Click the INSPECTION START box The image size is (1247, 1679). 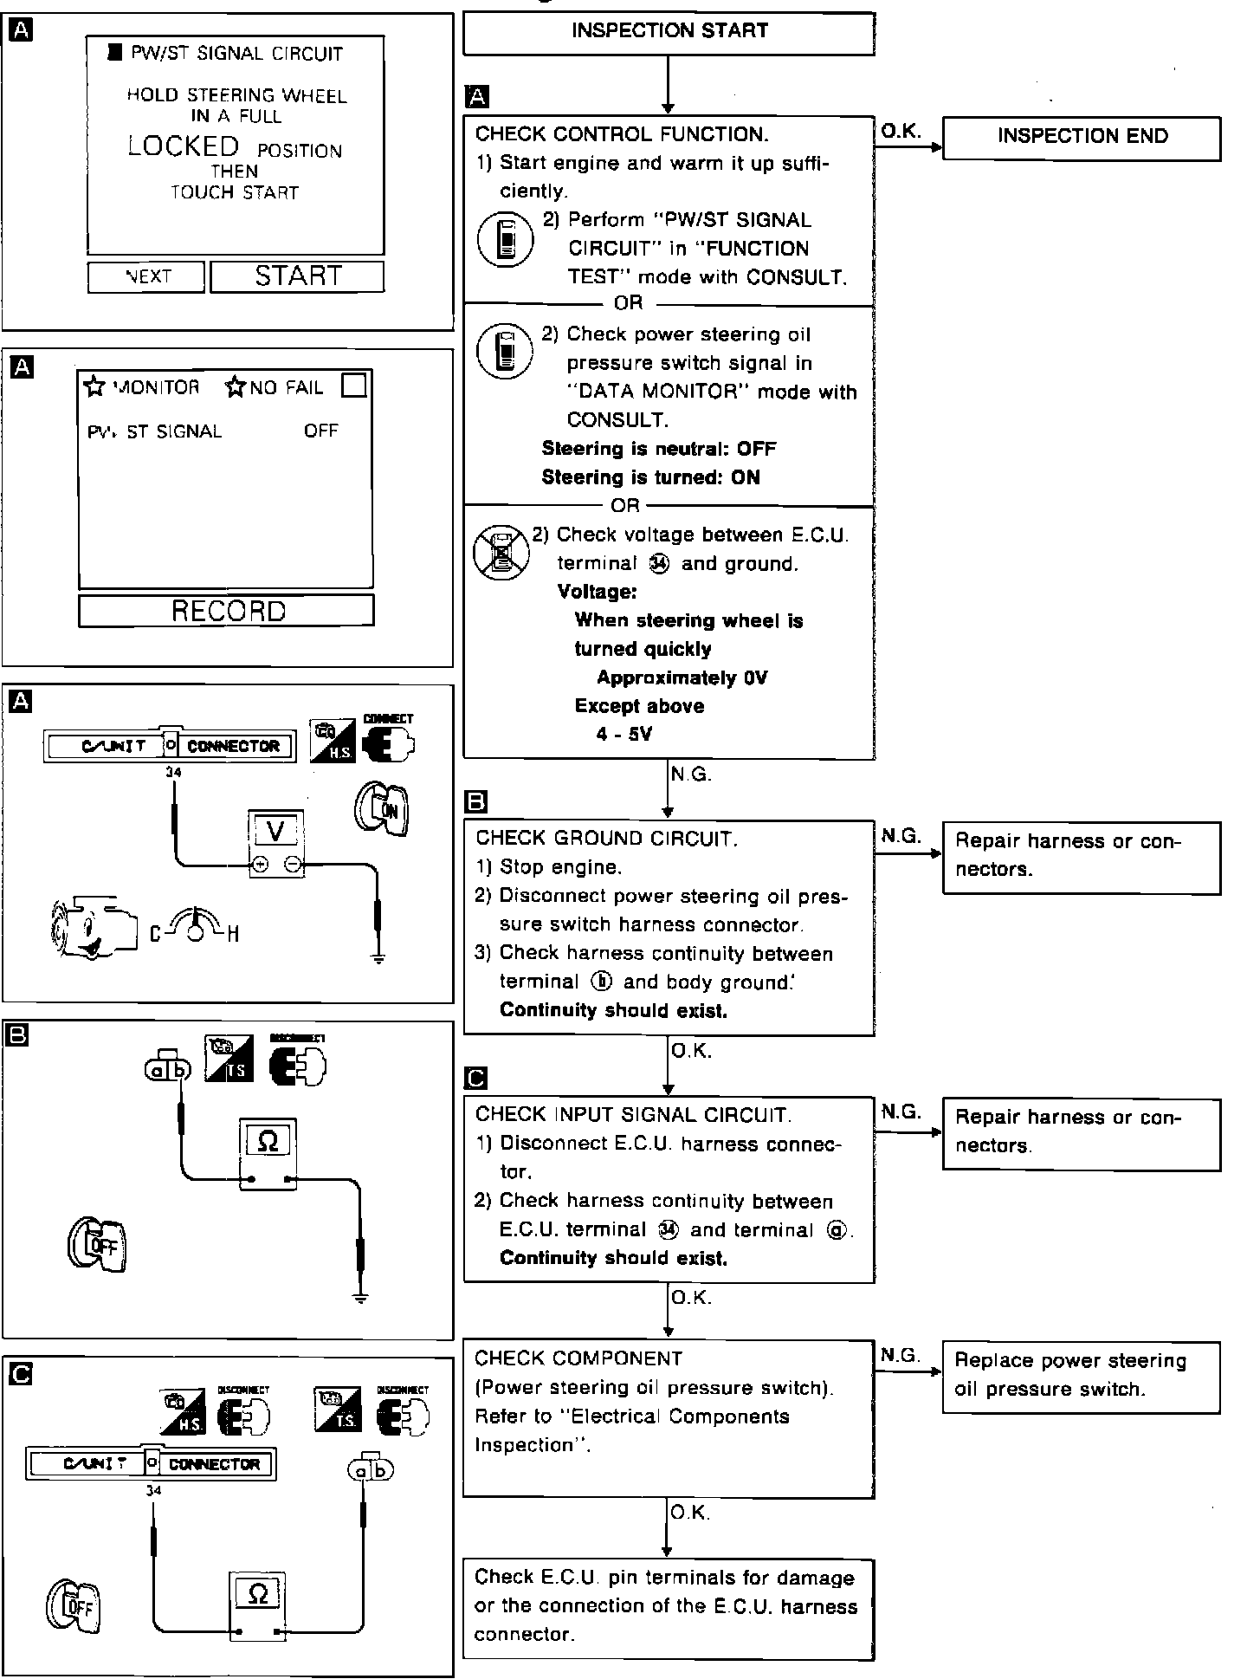669,32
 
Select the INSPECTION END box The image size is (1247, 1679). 1082,137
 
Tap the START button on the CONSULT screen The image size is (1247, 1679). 297,276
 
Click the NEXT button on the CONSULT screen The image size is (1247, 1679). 146,276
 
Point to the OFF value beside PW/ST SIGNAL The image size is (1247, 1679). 320,431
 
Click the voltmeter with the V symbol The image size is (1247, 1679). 276,844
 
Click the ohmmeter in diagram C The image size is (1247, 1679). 257,1604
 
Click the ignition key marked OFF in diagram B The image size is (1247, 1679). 97,1246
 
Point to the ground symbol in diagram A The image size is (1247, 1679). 378,956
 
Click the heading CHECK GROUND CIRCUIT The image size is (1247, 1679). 606,839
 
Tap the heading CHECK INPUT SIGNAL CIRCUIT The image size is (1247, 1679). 633,1114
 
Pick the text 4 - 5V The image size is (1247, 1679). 623,735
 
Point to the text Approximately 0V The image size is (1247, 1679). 682,677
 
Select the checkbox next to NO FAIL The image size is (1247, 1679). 354,386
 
